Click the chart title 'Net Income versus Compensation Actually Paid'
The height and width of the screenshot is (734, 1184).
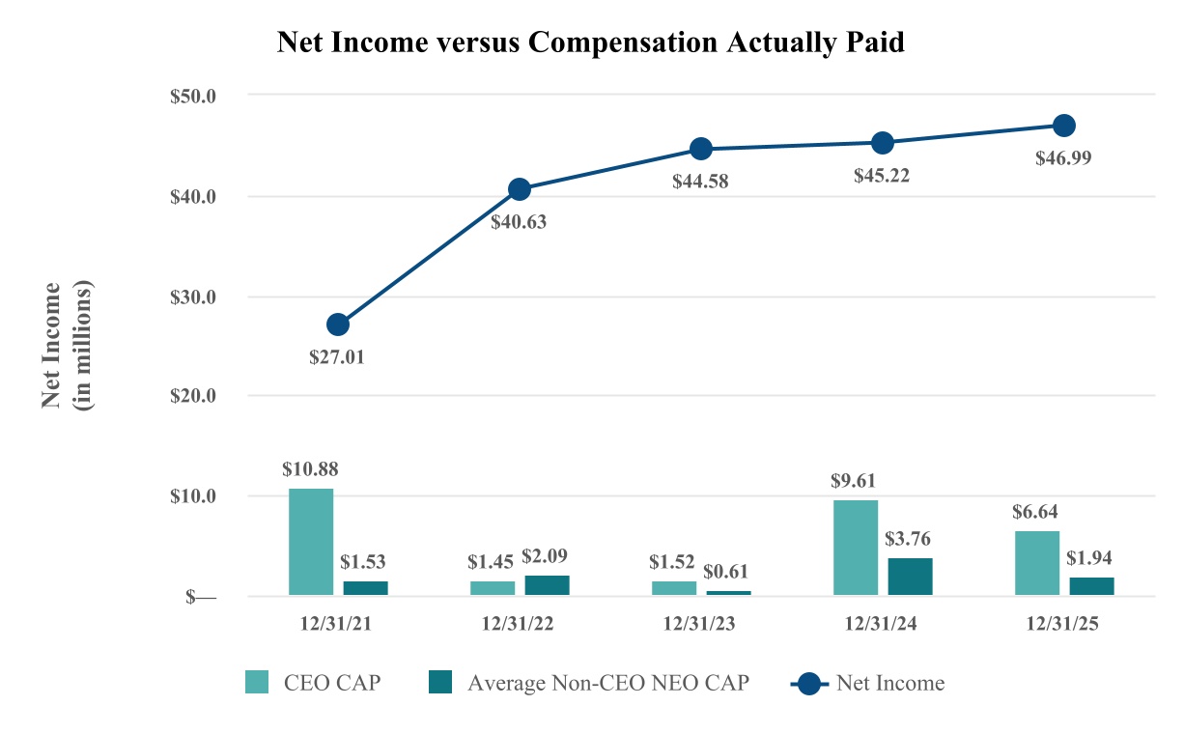pos(590,43)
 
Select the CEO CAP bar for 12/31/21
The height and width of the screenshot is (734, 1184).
pos(311,542)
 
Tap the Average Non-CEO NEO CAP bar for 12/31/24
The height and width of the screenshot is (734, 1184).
pos(910,577)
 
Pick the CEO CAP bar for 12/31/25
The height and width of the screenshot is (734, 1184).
pos(1037,563)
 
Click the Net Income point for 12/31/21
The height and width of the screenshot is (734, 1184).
pos(338,325)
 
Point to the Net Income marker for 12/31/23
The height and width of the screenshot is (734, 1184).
pos(701,149)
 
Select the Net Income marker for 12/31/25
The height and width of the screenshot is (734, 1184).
pos(1064,126)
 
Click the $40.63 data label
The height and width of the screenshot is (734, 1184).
pos(519,221)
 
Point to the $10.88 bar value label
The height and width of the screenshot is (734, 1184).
pos(310,469)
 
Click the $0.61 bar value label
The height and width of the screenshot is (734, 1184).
pos(728,570)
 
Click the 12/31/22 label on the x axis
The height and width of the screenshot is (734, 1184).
pos(519,624)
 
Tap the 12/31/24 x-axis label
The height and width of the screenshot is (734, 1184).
pos(882,624)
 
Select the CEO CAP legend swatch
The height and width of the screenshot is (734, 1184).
pos(256,683)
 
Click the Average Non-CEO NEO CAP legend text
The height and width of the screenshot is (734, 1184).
pos(607,683)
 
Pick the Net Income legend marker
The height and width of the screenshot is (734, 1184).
pos(810,683)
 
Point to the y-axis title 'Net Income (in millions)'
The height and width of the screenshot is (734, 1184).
pos(68,346)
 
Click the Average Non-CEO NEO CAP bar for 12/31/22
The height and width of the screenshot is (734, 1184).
pos(547,585)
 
